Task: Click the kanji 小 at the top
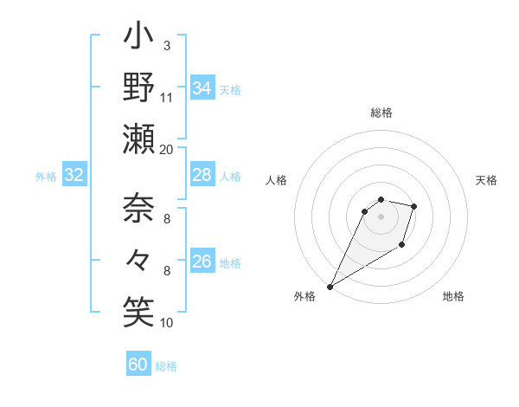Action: click(x=138, y=40)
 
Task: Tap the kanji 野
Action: click(x=138, y=88)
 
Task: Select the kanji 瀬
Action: click(x=138, y=138)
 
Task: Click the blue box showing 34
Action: click(x=202, y=88)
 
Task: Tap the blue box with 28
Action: click(x=202, y=176)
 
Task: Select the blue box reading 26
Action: click(x=202, y=262)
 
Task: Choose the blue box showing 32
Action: click(x=74, y=176)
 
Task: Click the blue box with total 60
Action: click(x=138, y=365)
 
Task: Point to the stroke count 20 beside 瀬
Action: click(x=167, y=149)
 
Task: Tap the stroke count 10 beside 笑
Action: click(x=167, y=322)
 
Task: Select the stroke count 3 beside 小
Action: click(x=167, y=45)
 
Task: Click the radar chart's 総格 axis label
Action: click(x=381, y=113)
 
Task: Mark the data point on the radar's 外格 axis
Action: click(x=330, y=286)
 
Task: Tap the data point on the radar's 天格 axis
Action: click(x=414, y=206)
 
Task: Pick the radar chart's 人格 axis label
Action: click(x=277, y=180)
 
